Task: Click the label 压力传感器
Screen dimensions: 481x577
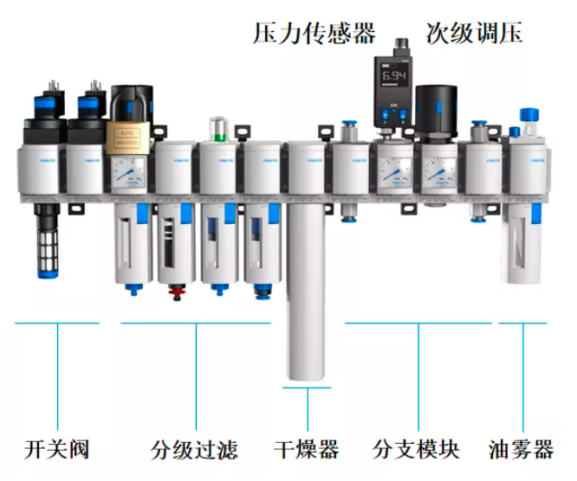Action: (x=315, y=33)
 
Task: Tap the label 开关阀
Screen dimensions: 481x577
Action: (x=58, y=450)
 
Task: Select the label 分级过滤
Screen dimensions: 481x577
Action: (x=194, y=450)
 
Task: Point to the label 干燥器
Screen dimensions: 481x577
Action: (x=306, y=450)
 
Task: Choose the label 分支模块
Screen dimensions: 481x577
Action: (x=416, y=450)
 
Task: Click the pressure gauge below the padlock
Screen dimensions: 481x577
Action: (x=131, y=175)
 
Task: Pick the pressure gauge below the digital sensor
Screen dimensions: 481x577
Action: (x=394, y=173)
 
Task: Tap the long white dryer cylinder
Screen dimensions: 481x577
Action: (x=306, y=294)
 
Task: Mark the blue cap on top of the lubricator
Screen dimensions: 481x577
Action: (x=528, y=113)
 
